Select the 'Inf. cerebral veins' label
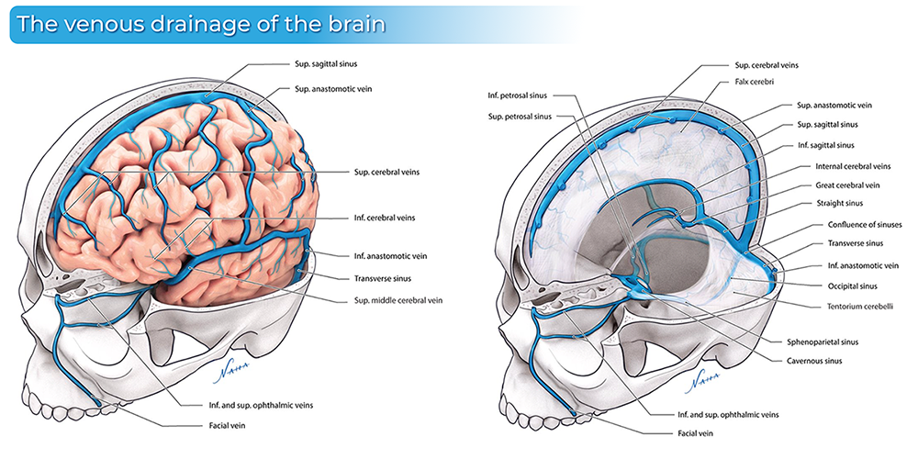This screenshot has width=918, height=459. (383, 218)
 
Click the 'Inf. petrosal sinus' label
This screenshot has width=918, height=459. (519, 95)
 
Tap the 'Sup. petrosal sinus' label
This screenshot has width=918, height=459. (519, 117)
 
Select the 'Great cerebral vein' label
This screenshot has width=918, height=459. (852, 185)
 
